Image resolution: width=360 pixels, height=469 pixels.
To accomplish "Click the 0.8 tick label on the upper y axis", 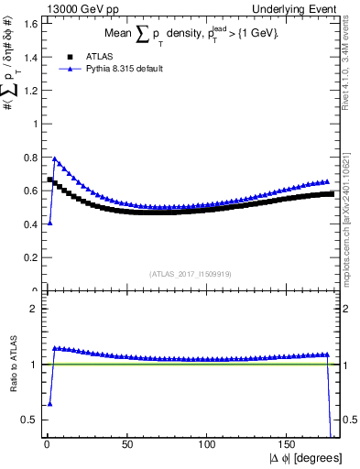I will (31, 157).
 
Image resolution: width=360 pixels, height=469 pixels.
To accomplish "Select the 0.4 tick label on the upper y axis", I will (31, 224).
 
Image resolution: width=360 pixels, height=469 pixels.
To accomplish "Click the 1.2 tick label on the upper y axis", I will (31, 90).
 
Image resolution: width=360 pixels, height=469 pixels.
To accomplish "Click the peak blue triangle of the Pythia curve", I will (55, 158).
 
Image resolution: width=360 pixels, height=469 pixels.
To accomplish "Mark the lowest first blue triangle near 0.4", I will (49, 223).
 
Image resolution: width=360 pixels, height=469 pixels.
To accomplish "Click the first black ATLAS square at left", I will (49, 179).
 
